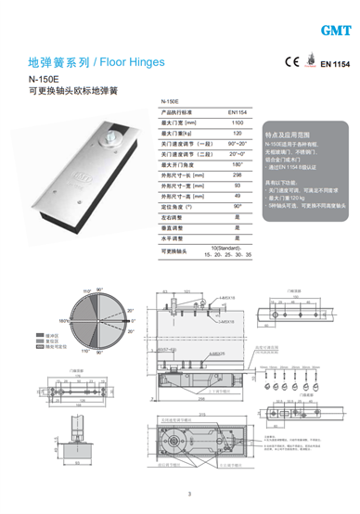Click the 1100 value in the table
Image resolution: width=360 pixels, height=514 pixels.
click(x=237, y=122)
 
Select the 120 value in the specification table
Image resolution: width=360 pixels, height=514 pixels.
click(x=237, y=135)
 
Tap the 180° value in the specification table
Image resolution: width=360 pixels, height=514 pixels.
click(x=237, y=163)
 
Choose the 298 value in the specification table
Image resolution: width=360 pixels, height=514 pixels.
click(x=237, y=173)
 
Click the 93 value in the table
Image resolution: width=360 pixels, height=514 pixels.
click(x=237, y=185)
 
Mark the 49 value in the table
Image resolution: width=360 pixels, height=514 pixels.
click(x=237, y=195)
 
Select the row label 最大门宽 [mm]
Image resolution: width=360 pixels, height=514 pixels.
click(x=179, y=122)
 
